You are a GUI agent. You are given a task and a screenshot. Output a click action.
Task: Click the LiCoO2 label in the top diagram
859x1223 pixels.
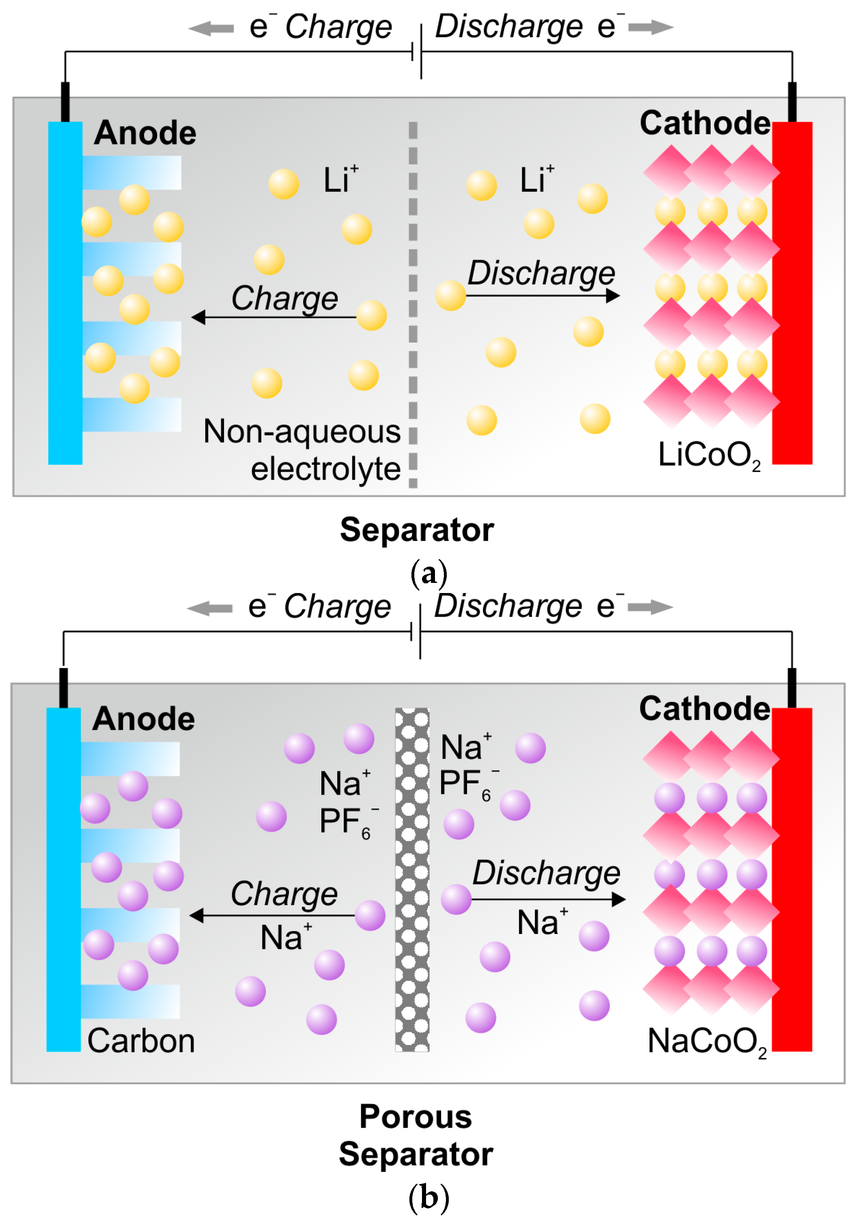pyautogui.click(x=708, y=455)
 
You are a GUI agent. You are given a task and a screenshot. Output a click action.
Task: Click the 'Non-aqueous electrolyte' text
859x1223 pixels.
pyautogui.click(x=302, y=450)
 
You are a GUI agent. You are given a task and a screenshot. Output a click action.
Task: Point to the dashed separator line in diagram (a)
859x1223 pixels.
pyautogui.click(x=413, y=304)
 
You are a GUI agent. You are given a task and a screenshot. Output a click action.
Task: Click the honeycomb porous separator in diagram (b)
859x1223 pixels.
pyautogui.click(x=412, y=879)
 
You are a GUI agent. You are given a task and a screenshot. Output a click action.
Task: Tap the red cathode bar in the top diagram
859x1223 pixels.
pyautogui.click(x=792, y=293)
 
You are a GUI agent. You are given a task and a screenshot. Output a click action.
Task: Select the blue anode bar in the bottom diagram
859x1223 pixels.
pyautogui.click(x=64, y=879)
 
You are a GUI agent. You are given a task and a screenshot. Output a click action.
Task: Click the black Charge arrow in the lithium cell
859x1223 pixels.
pyautogui.click(x=271, y=317)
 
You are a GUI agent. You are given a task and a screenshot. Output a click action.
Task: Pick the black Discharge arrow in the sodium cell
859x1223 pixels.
pyautogui.click(x=549, y=899)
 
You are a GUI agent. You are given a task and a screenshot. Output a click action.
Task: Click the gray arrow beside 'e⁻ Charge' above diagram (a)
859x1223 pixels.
pyautogui.click(x=211, y=28)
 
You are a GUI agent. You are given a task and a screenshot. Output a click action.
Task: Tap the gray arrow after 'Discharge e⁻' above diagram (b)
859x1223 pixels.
pyautogui.click(x=651, y=607)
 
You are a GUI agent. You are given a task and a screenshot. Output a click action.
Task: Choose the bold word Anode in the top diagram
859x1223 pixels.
pyautogui.click(x=145, y=133)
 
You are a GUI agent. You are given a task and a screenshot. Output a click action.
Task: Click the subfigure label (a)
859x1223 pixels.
pyautogui.click(x=429, y=574)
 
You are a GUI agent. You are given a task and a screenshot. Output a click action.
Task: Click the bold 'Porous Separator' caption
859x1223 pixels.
pyautogui.click(x=416, y=1135)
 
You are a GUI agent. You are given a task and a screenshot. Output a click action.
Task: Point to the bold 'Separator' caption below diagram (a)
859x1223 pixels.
pyautogui.click(x=417, y=530)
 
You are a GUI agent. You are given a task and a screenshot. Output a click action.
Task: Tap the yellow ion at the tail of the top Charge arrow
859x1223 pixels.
pyautogui.click(x=371, y=315)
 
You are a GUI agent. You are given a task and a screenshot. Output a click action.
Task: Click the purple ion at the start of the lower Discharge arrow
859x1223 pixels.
pyautogui.click(x=456, y=899)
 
